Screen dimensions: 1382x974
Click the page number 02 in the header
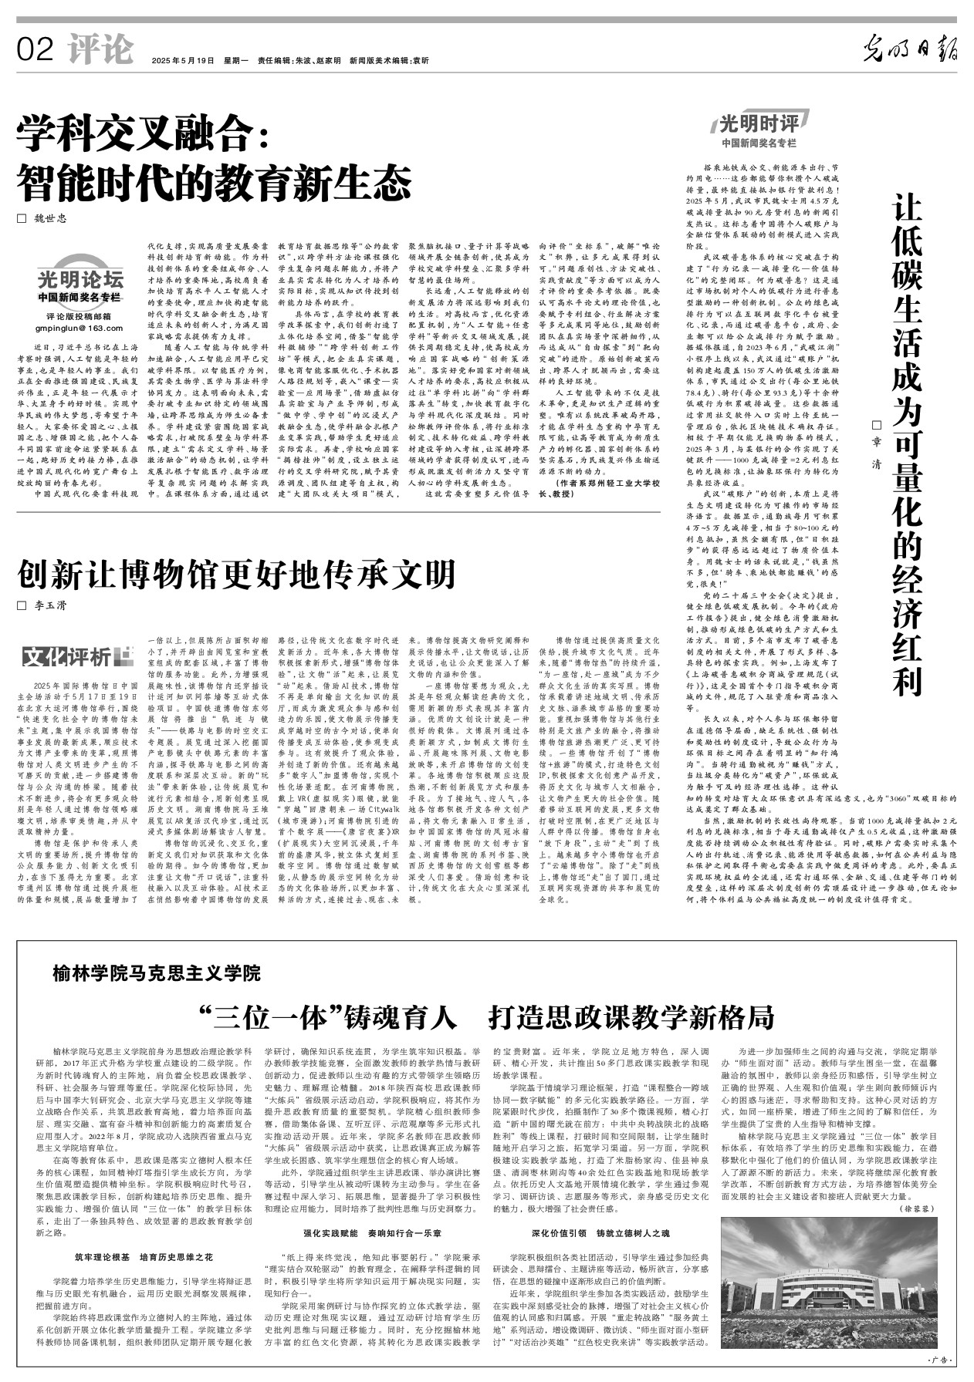[35, 50]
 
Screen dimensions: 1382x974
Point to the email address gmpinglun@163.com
[79, 328]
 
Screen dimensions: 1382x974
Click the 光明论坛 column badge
[80, 279]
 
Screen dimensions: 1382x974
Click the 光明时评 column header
[759, 124]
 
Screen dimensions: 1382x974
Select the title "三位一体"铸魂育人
[327, 1017]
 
